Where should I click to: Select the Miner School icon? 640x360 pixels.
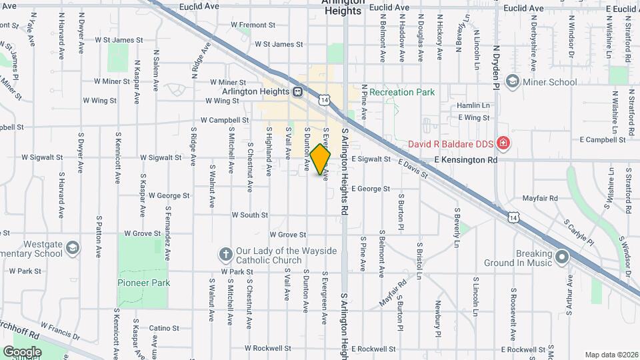tap(512, 82)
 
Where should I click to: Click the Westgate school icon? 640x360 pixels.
tap(72, 249)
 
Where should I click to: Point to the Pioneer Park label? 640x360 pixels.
tap(144, 283)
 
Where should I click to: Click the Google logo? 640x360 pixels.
tap(22, 351)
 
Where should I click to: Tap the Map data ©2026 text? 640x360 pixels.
tap(611, 355)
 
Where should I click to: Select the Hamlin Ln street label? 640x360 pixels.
tap(473, 105)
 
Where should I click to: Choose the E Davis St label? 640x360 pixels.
tap(413, 171)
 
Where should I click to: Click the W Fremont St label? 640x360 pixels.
tap(253, 25)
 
